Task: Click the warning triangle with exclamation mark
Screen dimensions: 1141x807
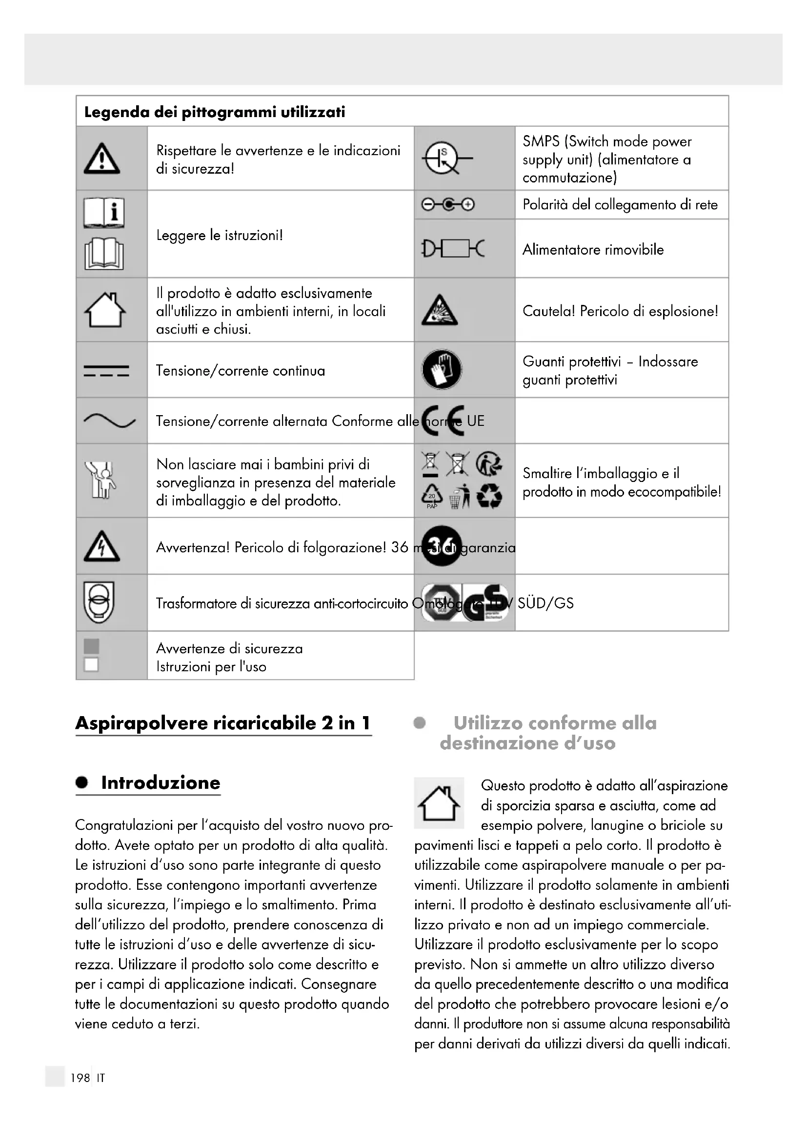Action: [x=102, y=159]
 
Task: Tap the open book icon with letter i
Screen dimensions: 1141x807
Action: [x=104, y=213]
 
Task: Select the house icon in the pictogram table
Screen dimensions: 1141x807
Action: [x=105, y=310]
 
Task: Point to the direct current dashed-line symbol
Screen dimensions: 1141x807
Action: [x=106, y=371]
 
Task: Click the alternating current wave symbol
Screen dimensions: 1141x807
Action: [x=109, y=421]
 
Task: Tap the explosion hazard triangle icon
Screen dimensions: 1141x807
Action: [x=439, y=311]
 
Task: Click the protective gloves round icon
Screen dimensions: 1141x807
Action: [x=441, y=370]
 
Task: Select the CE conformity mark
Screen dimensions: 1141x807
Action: [x=443, y=421]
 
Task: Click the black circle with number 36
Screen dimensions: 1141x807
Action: [x=441, y=546]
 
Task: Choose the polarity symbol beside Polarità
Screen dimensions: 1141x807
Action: [x=448, y=205]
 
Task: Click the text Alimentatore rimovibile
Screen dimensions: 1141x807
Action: [x=593, y=249]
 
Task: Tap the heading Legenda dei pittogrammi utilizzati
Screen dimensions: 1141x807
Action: [x=215, y=112]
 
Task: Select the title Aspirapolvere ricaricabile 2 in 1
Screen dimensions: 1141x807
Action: [x=223, y=722]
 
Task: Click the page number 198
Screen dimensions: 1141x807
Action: [x=80, y=1078]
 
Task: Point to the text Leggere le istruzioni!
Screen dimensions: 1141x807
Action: [x=220, y=235]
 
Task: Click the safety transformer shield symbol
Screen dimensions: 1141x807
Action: [x=99, y=602]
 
